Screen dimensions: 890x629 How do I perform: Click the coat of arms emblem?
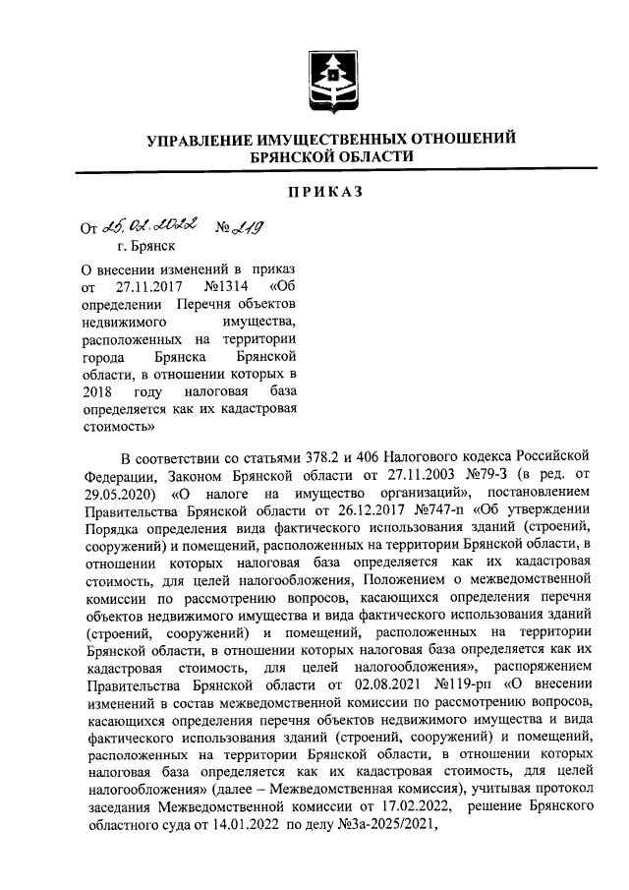tap(330, 79)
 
